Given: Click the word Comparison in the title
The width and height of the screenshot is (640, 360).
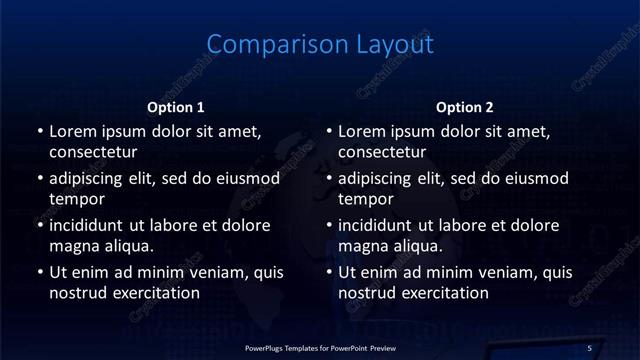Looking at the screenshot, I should pos(265,45).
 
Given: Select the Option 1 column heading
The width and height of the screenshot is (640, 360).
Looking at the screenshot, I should pos(176,107).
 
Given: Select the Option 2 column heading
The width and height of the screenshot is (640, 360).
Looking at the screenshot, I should pos(465,107).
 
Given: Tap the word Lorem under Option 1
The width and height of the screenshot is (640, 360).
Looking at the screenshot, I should pos(72,131).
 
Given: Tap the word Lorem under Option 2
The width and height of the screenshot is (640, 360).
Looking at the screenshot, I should pos(361,131).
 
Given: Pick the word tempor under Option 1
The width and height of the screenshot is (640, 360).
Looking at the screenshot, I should pos(76,200).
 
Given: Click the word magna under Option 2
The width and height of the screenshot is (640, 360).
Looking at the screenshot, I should pos(362,246).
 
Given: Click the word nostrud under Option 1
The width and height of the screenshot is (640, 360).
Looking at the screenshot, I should pos(78,293).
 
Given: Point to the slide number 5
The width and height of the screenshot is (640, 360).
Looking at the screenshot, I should pos(589,347).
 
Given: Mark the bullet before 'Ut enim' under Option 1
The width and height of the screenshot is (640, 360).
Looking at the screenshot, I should pos(39,272).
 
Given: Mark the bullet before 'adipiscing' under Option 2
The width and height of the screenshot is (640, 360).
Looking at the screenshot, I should pos(328,179).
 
